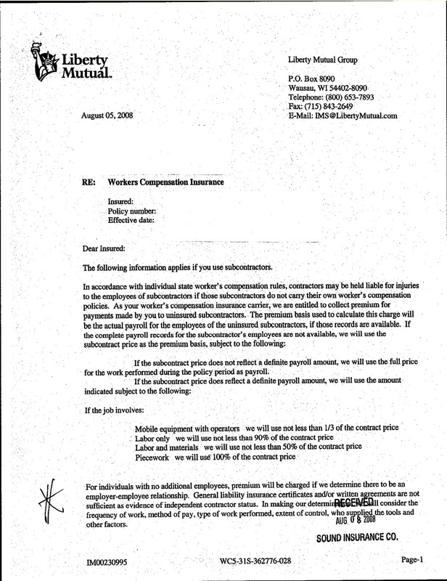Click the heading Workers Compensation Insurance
[165, 182]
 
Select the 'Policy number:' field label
[132, 210]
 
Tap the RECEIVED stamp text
[353, 503]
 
